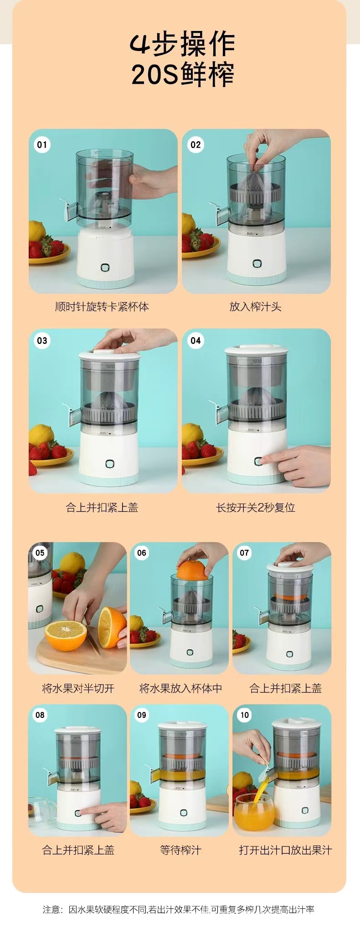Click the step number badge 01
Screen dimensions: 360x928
[42, 145]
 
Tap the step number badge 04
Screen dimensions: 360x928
[195, 340]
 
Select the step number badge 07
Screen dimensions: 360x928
[245, 553]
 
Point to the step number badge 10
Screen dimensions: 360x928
[245, 715]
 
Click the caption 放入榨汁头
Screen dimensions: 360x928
[256, 307]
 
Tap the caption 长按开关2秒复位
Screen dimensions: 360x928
[256, 508]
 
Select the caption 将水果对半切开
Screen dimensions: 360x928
[78, 688]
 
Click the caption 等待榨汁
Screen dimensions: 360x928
[180, 850]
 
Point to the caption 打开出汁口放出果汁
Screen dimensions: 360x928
[285, 850]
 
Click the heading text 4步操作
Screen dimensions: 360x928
[182, 44]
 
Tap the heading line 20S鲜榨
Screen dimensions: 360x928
[183, 74]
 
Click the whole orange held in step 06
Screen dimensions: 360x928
[192, 570]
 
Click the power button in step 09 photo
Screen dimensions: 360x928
[183, 812]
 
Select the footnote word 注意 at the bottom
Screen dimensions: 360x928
[51, 909]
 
